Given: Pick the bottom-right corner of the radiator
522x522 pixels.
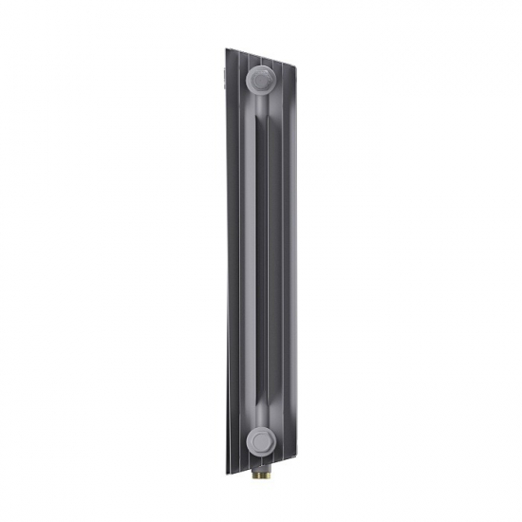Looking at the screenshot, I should (295, 457).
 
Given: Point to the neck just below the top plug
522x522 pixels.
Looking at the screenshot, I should (260, 104).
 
